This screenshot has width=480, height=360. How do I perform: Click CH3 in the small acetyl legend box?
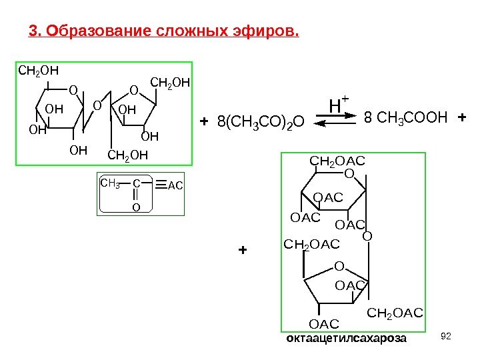coord(109,182)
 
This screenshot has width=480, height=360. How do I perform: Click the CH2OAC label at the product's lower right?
coord(395,312)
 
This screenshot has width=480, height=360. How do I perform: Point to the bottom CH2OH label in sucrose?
coord(127,156)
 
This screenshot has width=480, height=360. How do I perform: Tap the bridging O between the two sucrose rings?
coord(96,105)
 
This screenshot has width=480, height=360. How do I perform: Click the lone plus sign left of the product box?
coord(242,251)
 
